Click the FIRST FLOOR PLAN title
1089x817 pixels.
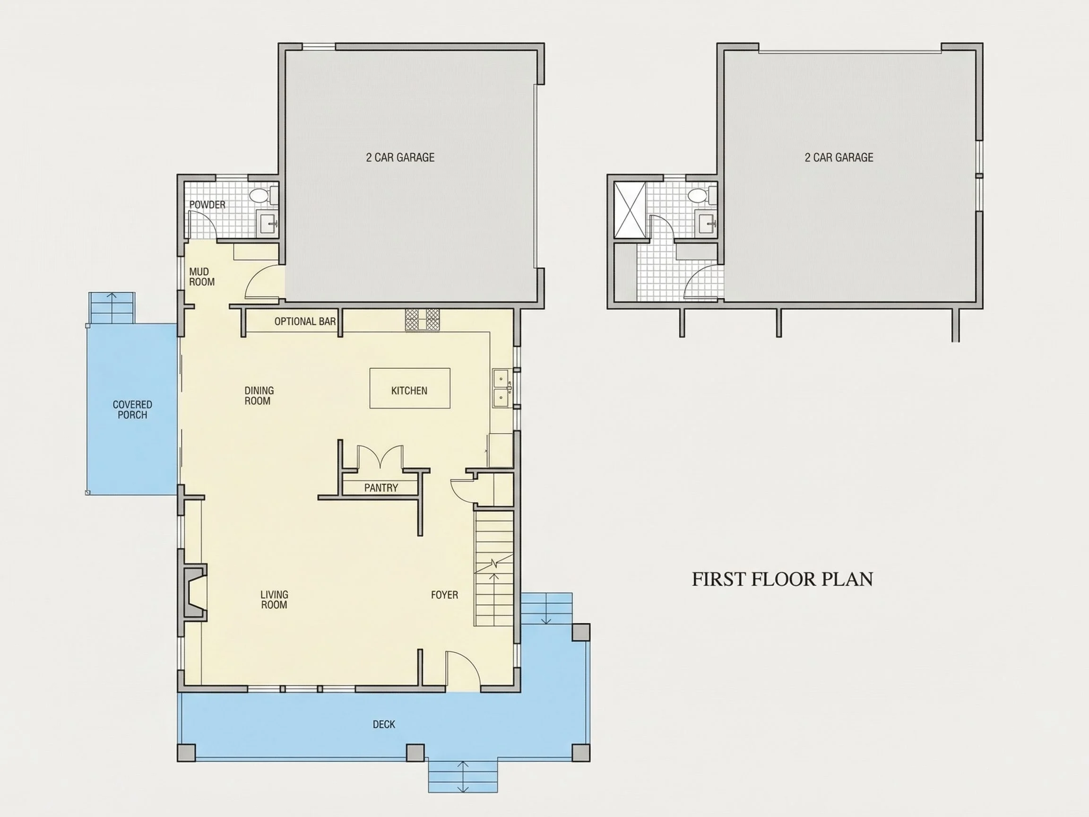click(782, 579)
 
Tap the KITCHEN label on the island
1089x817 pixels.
click(409, 391)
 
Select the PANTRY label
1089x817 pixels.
click(381, 487)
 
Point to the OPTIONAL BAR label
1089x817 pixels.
click(305, 322)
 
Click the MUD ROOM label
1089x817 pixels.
click(202, 277)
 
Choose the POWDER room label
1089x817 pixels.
click(207, 205)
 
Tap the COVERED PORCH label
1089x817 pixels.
click(132, 410)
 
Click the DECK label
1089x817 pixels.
click(384, 724)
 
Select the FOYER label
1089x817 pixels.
click(445, 595)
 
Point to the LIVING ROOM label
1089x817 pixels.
click(274, 600)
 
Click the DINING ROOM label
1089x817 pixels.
click(259, 395)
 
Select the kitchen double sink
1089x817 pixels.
click(501, 389)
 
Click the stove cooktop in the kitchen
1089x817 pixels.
click(423, 320)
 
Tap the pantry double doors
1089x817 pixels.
click(380, 457)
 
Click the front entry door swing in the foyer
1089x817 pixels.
click(463, 671)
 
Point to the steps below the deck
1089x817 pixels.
click(463, 776)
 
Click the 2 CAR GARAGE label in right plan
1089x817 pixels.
click(839, 157)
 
